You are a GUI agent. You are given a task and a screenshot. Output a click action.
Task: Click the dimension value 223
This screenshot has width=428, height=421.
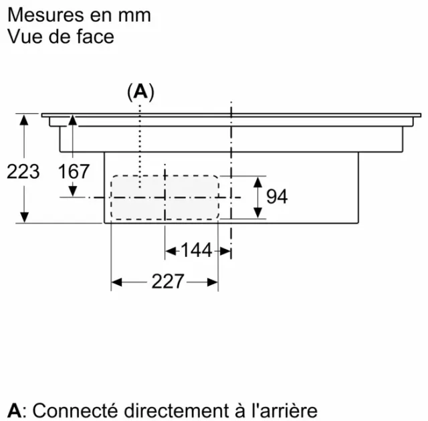point(23,171)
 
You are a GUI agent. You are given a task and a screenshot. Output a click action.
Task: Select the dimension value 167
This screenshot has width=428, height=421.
point(74,171)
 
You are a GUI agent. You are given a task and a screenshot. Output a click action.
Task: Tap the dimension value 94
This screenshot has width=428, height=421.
point(277,196)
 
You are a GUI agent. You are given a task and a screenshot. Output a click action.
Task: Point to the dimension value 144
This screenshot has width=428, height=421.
point(196,250)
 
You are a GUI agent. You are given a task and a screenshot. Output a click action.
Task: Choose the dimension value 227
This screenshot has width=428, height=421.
point(168,281)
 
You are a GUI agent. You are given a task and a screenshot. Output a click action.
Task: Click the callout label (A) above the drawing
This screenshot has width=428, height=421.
point(140,92)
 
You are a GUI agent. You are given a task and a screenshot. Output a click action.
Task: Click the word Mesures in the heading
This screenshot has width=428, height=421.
point(45,15)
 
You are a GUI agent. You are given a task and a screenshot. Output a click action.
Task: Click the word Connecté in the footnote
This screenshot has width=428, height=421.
point(76,410)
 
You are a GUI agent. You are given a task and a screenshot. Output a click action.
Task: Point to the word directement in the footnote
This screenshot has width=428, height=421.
point(177,410)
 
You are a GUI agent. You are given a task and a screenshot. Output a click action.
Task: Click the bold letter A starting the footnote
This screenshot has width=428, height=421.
point(14,410)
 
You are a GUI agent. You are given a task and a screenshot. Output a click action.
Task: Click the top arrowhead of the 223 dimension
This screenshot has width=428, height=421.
point(24,120)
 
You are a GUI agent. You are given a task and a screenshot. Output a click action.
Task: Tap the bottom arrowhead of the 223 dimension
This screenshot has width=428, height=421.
point(24,218)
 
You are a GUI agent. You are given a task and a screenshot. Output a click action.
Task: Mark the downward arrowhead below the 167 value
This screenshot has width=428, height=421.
point(73,191)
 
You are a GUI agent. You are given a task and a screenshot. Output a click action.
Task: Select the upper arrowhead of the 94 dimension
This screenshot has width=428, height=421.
point(257,182)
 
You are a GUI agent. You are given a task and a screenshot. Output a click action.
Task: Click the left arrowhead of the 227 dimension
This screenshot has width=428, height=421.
point(116,282)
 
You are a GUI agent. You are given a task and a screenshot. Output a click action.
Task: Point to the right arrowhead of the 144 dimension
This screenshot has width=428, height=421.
point(225,251)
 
